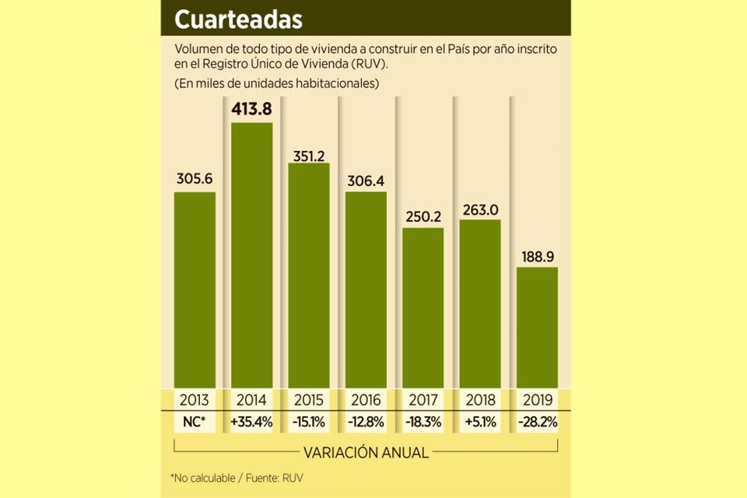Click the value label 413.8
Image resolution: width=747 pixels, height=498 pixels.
(251, 108)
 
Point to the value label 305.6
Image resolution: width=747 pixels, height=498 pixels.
(194, 178)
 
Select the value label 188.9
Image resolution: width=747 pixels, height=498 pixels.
(537, 254)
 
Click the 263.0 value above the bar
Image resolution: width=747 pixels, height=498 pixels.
(480, 206)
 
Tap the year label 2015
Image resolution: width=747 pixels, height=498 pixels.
(309, 400)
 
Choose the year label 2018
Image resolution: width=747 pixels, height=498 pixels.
(480, 400)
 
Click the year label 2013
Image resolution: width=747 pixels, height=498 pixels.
(194, 400)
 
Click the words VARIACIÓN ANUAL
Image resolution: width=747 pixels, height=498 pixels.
(366, 452)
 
